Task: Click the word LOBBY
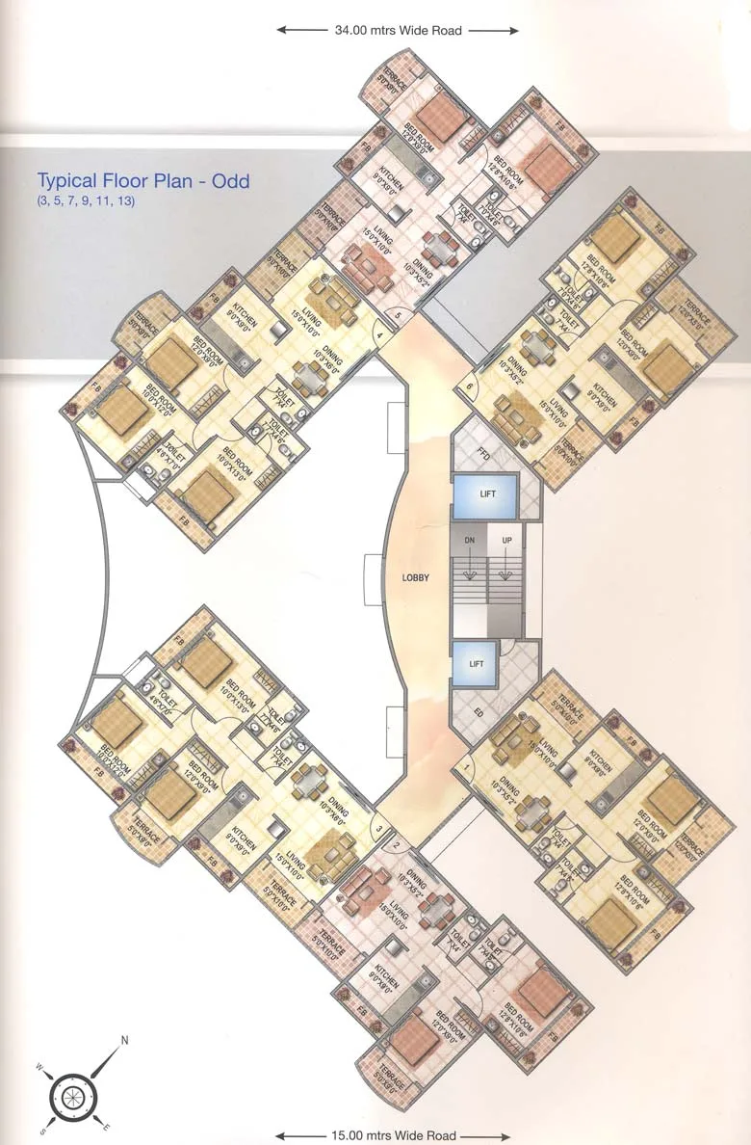pyautogui.click(x=416, y=577)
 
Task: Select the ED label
pyautogui.click(x=479, y=714)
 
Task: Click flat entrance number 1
pyautogui.click(x=466, y=768)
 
